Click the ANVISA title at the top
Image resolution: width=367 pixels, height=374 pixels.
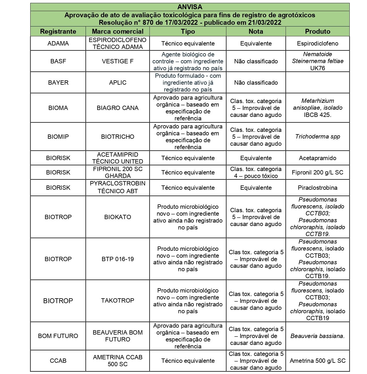coord(190,7)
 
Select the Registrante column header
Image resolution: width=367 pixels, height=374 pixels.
coord(58,31)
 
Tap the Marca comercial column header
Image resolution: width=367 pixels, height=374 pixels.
coord(118,31)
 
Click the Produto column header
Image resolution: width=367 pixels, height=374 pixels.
coord(317,31)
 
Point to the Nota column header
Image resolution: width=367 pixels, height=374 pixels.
coord(256,31)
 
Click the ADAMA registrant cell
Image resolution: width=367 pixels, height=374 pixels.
coord(58,43)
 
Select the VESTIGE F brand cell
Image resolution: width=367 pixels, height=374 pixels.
coord(118,61)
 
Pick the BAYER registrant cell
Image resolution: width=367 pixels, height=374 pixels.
coord(58,83)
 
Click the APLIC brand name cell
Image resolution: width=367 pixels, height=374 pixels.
coord(118,83)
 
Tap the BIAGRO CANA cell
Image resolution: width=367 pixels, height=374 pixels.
coord(118,108)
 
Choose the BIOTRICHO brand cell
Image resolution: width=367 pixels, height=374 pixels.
coord(118,137)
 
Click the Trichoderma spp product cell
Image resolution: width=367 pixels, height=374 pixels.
coord(317,136)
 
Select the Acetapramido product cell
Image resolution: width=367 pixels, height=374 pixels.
coord(317,158)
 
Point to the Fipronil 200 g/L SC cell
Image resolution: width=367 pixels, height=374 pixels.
coord(317,172)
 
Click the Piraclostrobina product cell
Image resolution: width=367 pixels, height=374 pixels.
coord(317,188)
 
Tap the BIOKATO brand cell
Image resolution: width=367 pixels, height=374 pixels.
coord(118,217)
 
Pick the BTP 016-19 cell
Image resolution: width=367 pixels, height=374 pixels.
coord(118,259)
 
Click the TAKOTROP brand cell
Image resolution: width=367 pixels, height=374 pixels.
coord(118,301)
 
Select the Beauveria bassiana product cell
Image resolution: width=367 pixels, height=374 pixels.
coord(317,336)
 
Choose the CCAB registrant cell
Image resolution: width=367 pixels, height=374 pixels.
coord(58,361)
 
